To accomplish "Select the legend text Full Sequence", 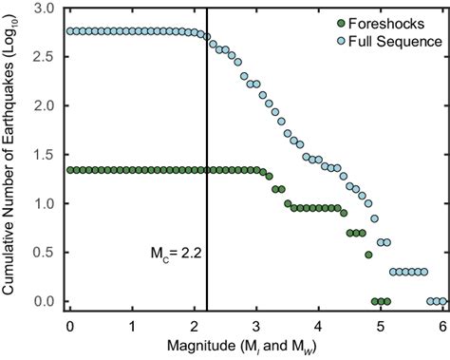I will point(390,41).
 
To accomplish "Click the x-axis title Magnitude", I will point(255,345).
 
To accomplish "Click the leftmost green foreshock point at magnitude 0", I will point(70,170).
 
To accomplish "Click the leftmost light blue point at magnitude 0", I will point(70,30).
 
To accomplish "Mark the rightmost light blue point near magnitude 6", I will point(442,301).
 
